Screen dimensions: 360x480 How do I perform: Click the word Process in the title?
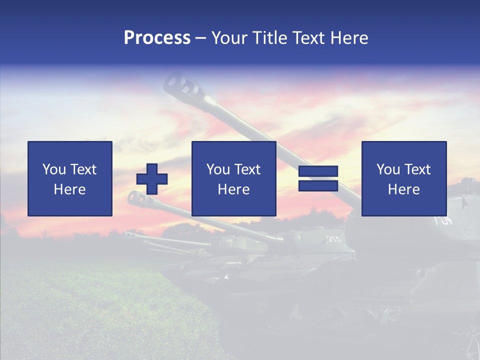pos(157,38)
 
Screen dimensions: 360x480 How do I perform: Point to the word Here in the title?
pos(348,38)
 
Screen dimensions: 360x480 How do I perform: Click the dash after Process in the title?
pos(200,38)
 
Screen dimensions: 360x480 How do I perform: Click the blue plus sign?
pos(152,178)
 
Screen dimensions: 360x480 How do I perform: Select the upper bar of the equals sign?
pos(318,171)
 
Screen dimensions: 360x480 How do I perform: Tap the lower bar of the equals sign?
pos(318,185)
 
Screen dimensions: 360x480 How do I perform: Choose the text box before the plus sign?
pos(69,178)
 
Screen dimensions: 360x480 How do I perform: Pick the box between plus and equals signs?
pos(233,178)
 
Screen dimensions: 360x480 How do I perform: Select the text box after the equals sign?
pos(403,178)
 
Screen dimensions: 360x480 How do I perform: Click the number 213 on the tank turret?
pos(334,239)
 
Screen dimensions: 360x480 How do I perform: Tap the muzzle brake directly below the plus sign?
pos(135,198)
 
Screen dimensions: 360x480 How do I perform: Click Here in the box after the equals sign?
pos(403,189)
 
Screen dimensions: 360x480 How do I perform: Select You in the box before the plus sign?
pos(54,169)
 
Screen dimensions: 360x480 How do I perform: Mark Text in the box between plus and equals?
pos(247,169)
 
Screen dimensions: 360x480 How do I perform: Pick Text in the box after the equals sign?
pos(417,169)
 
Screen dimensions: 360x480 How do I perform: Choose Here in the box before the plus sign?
pos(69,189)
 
